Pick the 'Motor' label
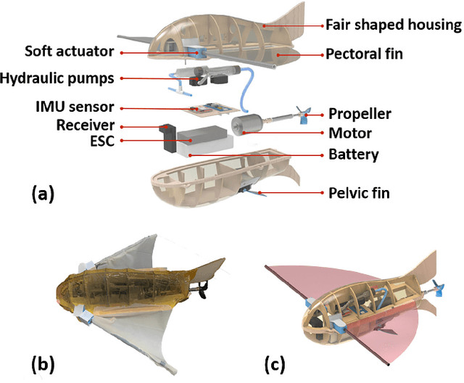tap(349, 133)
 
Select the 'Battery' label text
tap(353, 154)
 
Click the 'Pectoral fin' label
tap(364, 54)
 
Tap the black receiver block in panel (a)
tap(169, 139)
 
